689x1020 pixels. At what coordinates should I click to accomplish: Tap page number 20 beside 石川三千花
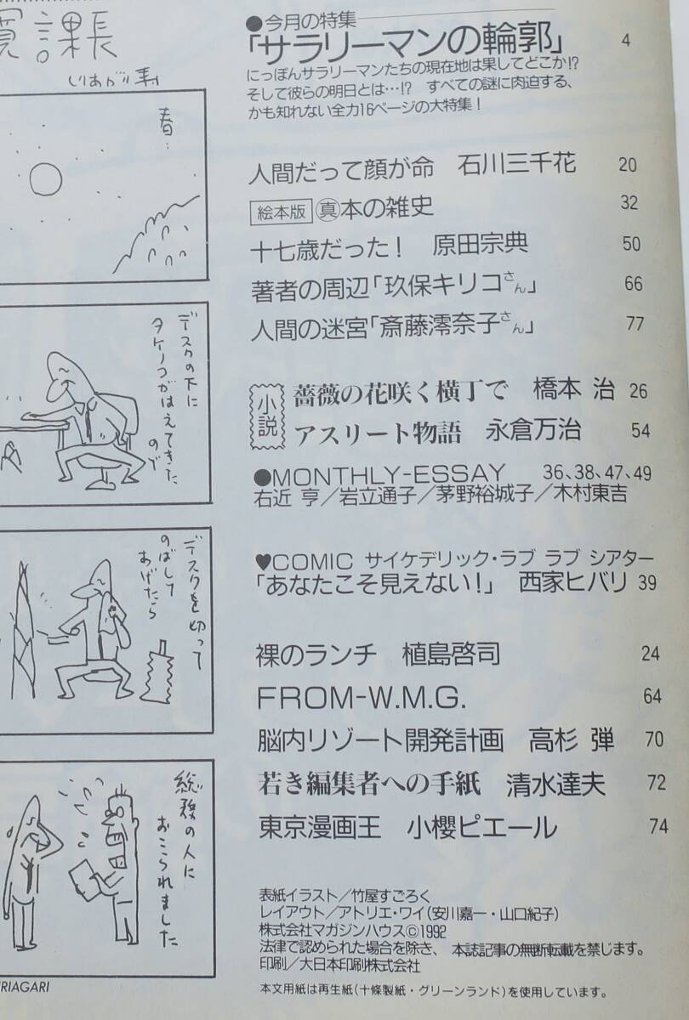click(x=628, y=165)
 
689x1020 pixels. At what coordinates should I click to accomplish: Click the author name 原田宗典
click(x=481, y=244)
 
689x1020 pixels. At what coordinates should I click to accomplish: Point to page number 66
click(x=634, y=285)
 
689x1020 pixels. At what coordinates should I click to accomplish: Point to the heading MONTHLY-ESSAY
click(x=388, y=473)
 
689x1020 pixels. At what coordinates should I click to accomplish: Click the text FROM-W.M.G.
click(x=362, y=697)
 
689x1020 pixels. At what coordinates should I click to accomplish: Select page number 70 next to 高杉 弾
click(x=654, y=739)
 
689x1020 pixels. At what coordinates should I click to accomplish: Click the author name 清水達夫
click(x=556, y=781)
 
